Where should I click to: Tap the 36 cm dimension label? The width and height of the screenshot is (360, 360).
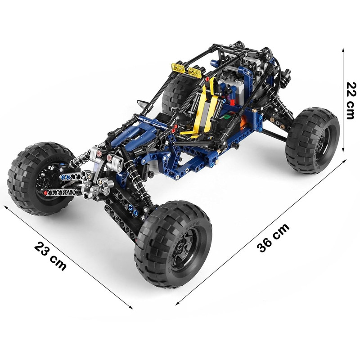pyautogui.click(x=273, y=238)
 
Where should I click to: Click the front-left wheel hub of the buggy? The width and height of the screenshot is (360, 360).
pyautogui.click(x=45, y=181)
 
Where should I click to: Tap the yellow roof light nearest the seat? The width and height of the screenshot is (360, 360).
pyautogui.click(x=195, y=72)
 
